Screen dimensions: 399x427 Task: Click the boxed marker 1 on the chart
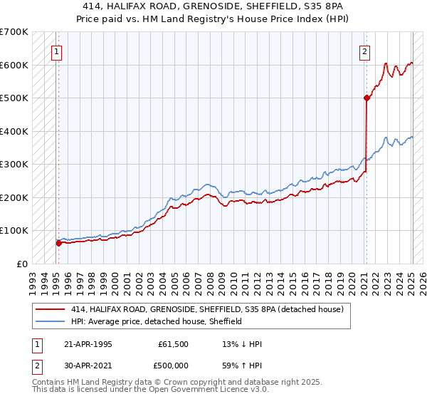pos(56,51)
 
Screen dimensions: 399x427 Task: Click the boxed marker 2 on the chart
pos(364,51)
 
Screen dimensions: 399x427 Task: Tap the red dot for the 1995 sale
pos(58,243)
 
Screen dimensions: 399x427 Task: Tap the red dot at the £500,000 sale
pos(367,98)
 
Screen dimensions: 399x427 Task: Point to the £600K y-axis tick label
pos(14,65)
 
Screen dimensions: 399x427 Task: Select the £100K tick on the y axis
pos(14,230)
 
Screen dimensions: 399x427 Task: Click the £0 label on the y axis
pos(23,264)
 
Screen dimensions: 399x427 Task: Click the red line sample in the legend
pos(51,310)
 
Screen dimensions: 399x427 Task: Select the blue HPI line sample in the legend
pos(51,321)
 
